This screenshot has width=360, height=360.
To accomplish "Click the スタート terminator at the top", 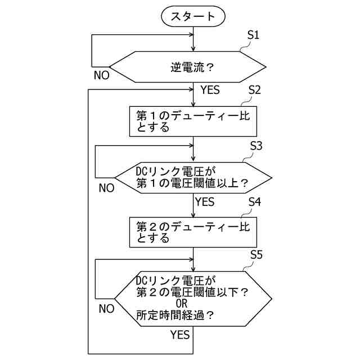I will click(193, 16).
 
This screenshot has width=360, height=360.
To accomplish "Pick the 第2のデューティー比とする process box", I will click(193, 232).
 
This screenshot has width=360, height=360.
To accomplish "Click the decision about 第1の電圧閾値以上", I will click(193, 177).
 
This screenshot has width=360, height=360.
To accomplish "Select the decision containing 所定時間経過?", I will click(193, 298).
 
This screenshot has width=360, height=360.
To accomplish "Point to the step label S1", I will click(254, 35).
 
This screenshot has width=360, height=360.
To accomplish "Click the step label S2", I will click(254, 90).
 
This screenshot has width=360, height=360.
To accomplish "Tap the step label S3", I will click(256, 145).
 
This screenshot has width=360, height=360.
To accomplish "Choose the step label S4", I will click(254, 201).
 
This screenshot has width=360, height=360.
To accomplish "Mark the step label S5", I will click(256, 255).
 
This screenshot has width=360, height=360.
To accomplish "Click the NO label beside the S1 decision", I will click(102, 74).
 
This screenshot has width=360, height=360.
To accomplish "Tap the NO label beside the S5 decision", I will click(106, 309).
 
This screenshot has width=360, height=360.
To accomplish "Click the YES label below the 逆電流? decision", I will click(210, 90).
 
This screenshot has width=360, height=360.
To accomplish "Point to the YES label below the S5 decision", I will click(180, 335).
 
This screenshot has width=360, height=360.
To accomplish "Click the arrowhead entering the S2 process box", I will click(193, 103).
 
